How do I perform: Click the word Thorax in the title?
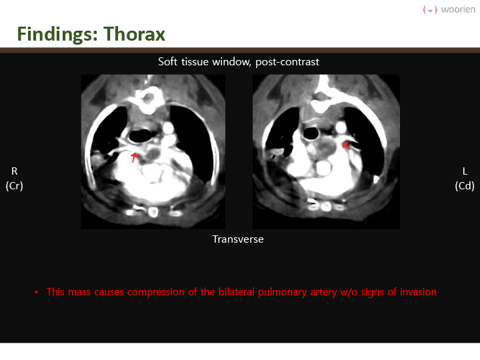135,34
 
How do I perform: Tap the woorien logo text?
458,9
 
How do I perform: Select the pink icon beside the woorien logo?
430,10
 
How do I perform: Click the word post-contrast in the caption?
287,62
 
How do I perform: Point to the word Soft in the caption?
168,61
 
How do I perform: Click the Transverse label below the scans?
238,239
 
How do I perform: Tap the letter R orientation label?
15,171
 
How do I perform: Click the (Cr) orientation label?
15,186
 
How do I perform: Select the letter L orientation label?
465,171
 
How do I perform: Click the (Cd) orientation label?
465,186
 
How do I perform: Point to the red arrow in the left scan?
134,157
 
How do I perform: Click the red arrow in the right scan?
346,145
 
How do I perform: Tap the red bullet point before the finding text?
37,293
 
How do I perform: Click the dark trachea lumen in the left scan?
141,135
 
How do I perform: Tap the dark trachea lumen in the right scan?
311,133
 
